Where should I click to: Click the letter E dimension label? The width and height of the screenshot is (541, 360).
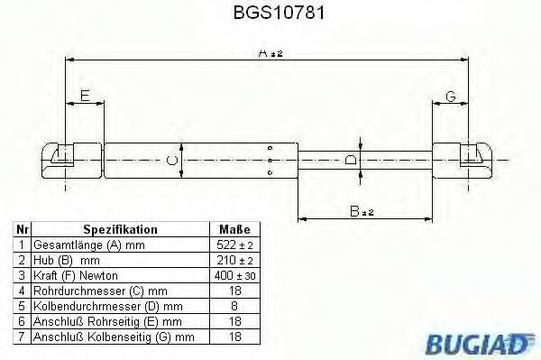tap(84, 95)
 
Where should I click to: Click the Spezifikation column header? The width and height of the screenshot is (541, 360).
tap(120, 230)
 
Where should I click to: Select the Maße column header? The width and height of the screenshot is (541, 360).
tap(234, 230)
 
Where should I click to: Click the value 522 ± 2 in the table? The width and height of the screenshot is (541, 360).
tap(234, 245)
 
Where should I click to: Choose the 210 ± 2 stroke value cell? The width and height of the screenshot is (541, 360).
tap(234, 260)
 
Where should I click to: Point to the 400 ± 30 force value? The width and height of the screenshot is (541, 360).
tap(234, 275)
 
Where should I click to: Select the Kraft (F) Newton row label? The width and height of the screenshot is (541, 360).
tap(75, 275)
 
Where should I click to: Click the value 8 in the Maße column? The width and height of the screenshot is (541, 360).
tap(234, 306)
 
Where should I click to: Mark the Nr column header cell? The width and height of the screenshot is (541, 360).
tap(21, 230)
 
